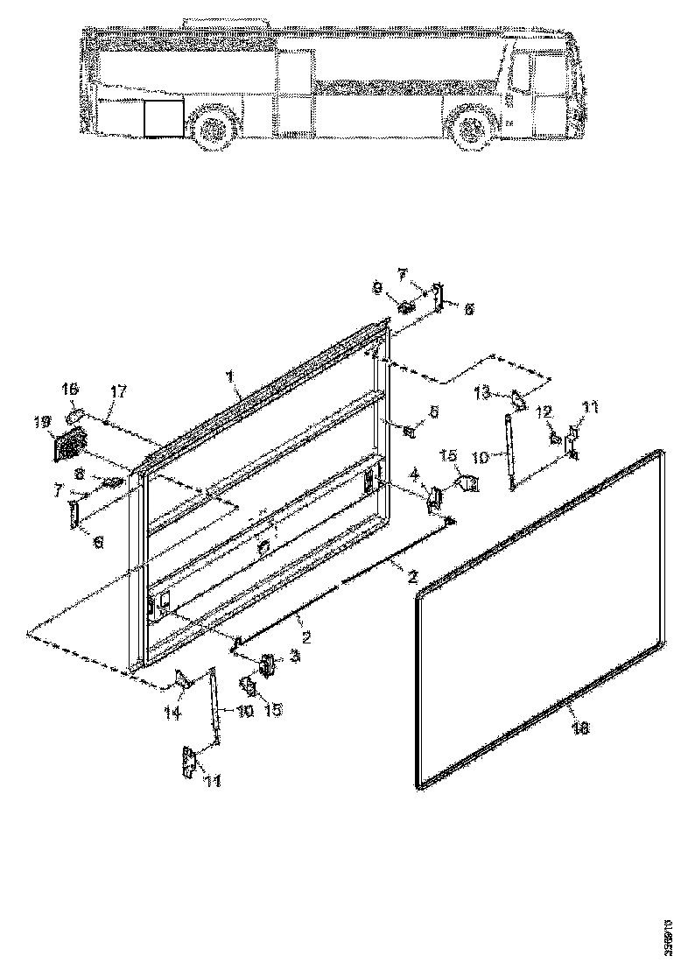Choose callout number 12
coord(543,411)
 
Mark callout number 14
coord(173,713)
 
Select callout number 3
coord(296,656)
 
